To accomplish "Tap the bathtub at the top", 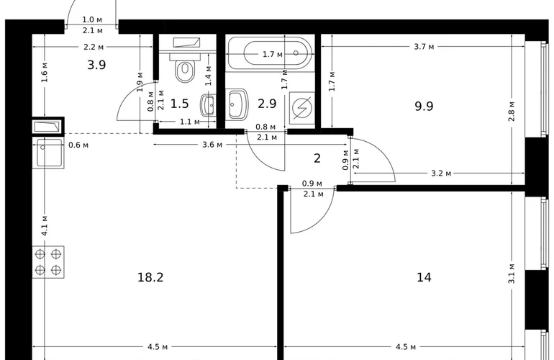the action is point(271,53).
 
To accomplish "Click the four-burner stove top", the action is point(48,262).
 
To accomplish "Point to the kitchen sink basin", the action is point(48,153).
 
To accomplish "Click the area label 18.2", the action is point(150,278).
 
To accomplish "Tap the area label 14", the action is point(424,278).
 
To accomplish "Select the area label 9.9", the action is point(424,106).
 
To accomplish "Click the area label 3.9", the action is point(96,65).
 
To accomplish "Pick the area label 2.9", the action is point(267,104).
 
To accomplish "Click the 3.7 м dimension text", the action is point(424,47).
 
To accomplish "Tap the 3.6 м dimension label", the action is point(212,145).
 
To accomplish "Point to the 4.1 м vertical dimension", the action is point(45,225).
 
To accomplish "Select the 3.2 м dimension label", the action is point(441,174).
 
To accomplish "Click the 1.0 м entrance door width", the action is point(92,20).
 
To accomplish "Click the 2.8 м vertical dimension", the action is point(512,112).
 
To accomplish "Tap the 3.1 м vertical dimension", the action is point(512,274).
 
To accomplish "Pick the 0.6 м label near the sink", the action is point(78,145).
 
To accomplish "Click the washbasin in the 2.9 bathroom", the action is point(237,104).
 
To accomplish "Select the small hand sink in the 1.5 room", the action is point(209,105).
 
